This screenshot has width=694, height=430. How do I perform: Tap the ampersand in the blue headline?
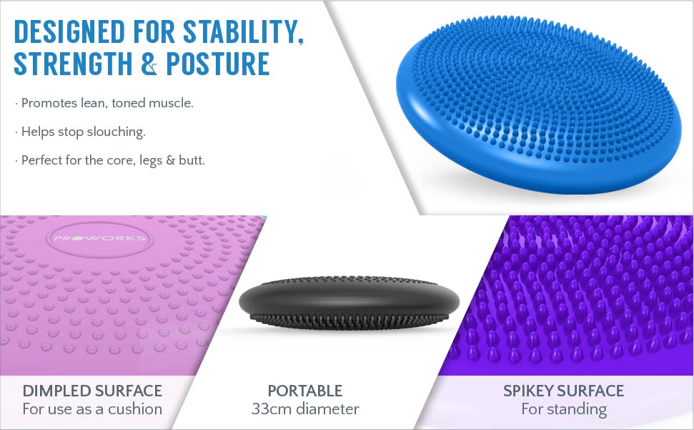coord(149,64)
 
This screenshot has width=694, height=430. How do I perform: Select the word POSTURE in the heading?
coord(218,64)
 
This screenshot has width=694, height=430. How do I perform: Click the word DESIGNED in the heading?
coord(69,31)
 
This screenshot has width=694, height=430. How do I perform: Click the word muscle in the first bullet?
coord(171,103)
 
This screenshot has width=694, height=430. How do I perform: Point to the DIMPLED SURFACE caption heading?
coord(92,391)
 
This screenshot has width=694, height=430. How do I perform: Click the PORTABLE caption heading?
coord(305,391)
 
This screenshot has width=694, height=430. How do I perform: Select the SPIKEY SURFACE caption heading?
coord(563,391)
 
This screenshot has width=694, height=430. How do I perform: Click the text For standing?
coord(564,409)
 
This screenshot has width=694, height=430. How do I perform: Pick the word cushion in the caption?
coord(135,409)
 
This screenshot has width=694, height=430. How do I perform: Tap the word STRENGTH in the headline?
coord(73,64)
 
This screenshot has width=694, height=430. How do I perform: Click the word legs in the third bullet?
coord(151,160)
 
